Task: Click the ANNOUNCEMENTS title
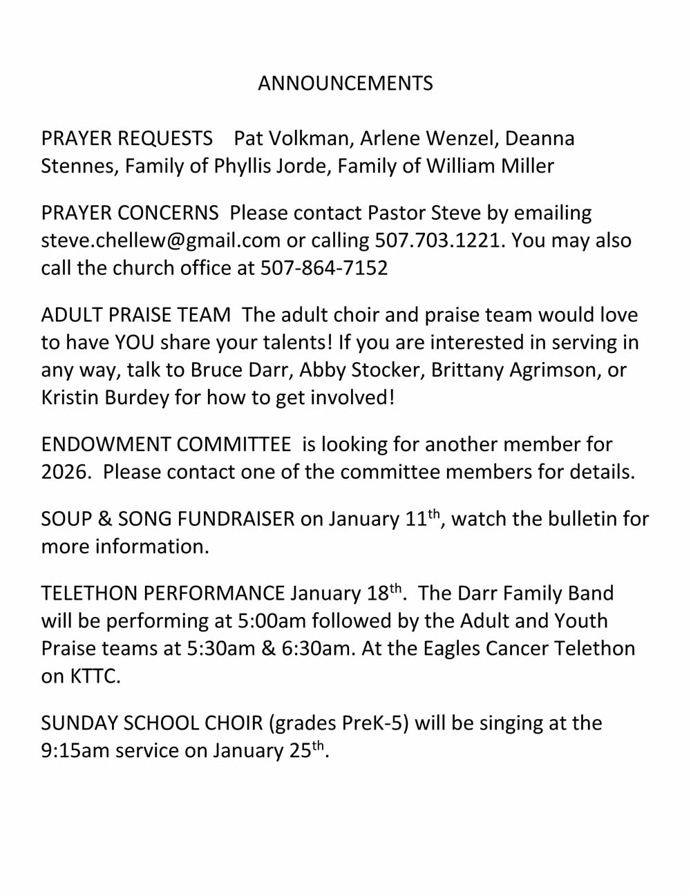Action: pos(345,84)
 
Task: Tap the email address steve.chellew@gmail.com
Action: pos(160,240)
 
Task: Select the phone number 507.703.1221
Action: pos(437,240)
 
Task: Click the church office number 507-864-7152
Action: pos(324,268)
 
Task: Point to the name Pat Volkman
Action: pos(291,139)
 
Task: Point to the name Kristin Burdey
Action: pos(104,398)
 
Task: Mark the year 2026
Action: pos(65,473)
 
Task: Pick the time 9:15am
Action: pos(75,751)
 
